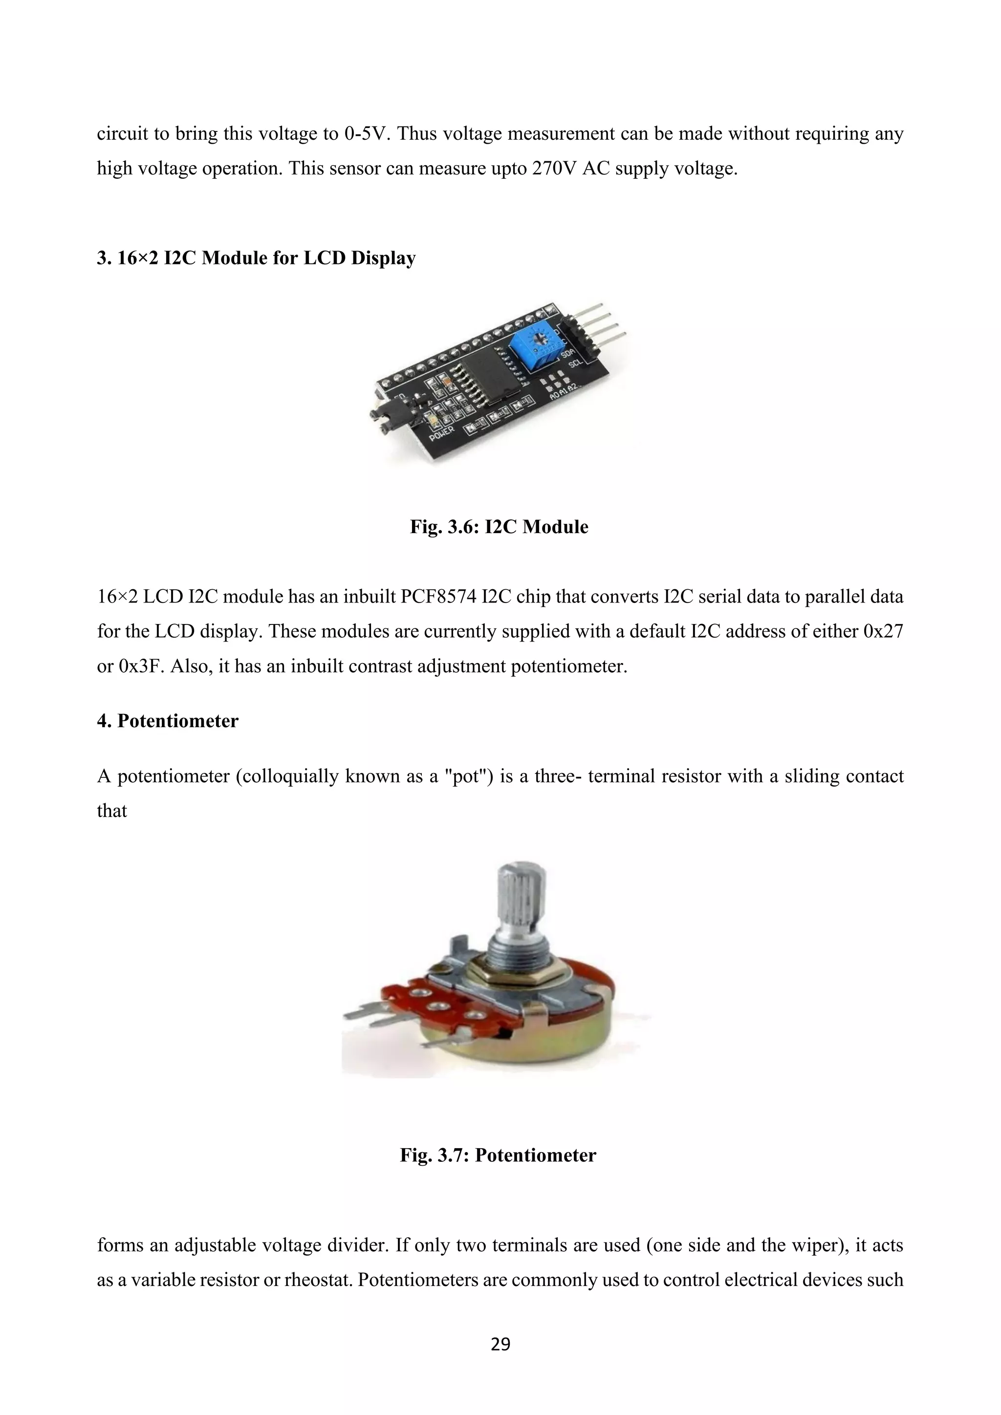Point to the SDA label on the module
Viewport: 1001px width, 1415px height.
tap(567, 354)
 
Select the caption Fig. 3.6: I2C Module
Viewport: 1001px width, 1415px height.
tap(499, 527)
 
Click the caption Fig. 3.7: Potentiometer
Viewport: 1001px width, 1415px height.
tap(498, 1155)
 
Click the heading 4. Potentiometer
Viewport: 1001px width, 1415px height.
tap(168, 721)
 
